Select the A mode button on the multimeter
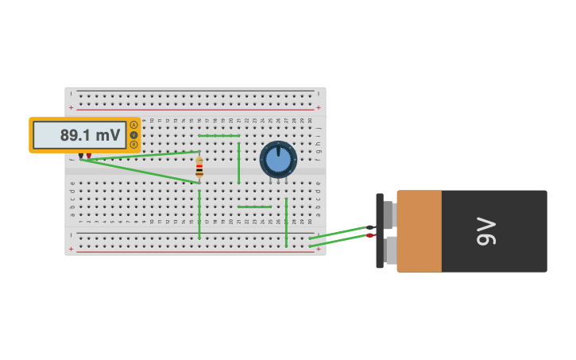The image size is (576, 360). [x=133, y=125]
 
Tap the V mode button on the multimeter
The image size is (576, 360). [x=133, y=135]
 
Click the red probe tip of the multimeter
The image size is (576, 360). [x=89, y=156]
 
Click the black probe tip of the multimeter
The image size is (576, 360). [x=80, y=156]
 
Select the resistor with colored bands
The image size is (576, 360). [x=199, y=167]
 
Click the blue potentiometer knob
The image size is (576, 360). [x=278, y=160]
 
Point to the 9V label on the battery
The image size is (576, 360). [x=486, y=230]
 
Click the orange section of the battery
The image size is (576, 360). [x=419, y=230]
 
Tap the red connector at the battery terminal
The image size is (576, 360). [x=369, y=235]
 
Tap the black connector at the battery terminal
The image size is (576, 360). [x=369, y=227]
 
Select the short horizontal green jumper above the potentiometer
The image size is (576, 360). [x=219, y=136]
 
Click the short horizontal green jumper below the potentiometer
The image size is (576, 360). [x=254, y=207]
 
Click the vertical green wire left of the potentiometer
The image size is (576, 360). [x=238, y=163]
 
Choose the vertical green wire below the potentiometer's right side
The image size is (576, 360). [x=286, y=223]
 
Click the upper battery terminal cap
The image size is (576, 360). [x=389, y=215]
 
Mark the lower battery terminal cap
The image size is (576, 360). [x=389, y=250]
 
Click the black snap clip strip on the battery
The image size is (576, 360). [x=380, y=230]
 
